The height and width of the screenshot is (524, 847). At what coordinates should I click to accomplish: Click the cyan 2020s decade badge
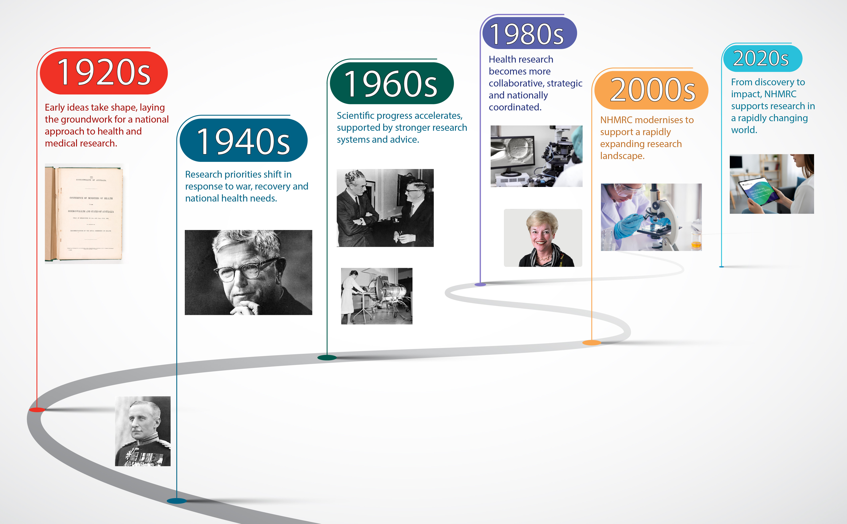pos(762,58)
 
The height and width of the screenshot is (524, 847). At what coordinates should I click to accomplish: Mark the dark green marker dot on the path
pos(327,358)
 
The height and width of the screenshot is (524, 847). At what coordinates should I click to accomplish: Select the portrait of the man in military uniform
pos(143,431)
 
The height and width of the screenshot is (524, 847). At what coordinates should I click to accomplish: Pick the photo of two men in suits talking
pos(385,208)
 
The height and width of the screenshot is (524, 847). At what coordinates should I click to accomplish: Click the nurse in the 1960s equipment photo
pos(350,295)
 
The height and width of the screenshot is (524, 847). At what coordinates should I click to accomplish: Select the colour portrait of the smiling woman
pos(543,238)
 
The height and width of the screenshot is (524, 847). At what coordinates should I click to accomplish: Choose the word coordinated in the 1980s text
pos(515,107)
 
